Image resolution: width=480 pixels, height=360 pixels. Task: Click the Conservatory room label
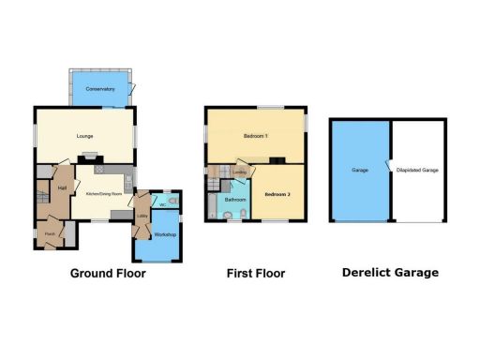pos(99,89)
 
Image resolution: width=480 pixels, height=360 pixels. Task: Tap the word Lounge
pos(86,137)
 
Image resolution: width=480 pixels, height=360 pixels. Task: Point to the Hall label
pos(61,188)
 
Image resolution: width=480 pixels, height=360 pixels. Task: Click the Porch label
pos(50,234)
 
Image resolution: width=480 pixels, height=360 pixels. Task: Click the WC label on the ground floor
pos(162,204)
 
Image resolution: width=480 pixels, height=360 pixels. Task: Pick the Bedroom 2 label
pos(277,194)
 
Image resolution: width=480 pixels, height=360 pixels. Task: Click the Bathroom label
pos(234,200)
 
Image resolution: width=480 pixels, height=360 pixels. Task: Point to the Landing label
pos(240,172)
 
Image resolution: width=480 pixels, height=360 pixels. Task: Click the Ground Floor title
pos(108,274)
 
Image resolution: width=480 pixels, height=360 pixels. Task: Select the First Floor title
pos(256,274)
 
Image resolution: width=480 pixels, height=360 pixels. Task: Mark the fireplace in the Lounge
pos(89,157)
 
